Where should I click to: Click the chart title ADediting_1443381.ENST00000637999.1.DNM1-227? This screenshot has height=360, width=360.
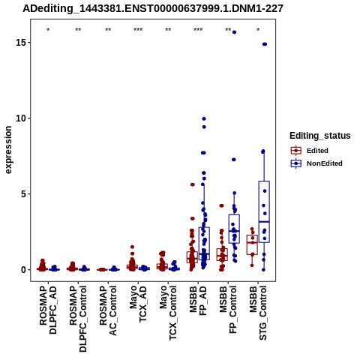point(153,9)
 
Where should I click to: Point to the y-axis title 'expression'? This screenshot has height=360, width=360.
point(8,150)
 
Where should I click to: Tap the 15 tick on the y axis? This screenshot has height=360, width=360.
point(21,43)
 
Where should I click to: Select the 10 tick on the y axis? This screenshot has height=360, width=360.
point(21,118)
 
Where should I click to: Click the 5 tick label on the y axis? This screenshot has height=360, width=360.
point(24,194)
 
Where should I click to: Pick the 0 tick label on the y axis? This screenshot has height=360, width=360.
point(24,270)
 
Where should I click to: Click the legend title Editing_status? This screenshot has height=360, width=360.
point(320,136)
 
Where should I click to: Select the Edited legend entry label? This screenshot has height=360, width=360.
point(317,151)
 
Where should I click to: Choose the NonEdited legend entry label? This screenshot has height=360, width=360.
point(325,163)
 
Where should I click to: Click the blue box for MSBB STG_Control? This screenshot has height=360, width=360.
point(264,211)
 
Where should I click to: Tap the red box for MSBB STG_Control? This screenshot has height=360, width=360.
point(252,245)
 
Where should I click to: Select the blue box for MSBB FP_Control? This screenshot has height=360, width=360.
point(234,229)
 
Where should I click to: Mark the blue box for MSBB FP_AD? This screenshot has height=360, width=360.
point(204,244)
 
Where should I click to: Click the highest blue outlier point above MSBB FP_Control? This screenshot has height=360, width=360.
point(234,32)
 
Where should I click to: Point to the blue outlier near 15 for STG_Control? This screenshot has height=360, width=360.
point(265,44)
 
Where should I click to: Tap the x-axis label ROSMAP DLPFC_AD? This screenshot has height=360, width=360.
point(48,310)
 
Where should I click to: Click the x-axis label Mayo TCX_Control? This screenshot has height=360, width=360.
point(168,313)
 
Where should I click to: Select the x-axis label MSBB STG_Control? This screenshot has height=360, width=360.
point(258,313)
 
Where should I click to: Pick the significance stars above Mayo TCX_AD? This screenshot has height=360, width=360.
point(138,30)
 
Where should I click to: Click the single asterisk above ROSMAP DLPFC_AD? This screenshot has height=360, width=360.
point(48,30)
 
